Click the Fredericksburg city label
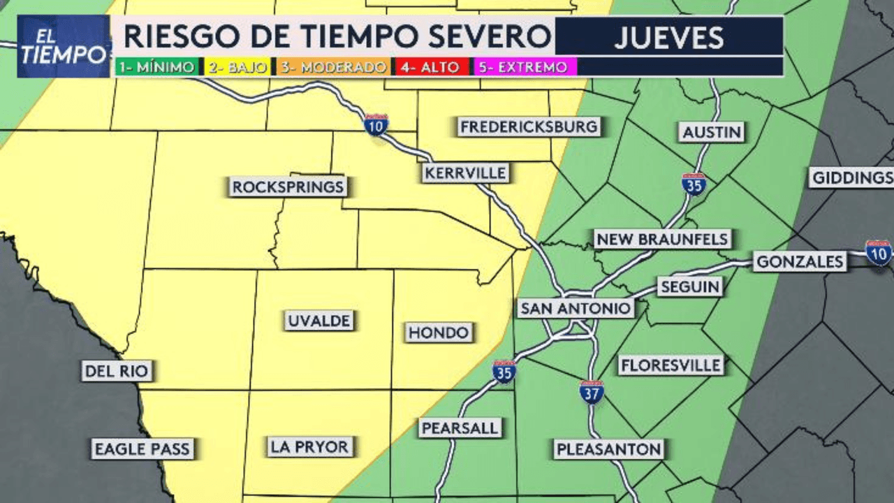529,127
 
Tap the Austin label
712,132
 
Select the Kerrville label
465,173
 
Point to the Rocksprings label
288,187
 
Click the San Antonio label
576,308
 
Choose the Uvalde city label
319,321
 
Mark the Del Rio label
117,371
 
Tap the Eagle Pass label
142,449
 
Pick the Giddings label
852,177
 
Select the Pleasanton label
609,449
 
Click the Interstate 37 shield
592,392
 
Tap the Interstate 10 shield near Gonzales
878,252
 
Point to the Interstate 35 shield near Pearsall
504,372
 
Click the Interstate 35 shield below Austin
694,184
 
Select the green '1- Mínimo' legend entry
158,67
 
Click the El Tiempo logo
64,46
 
